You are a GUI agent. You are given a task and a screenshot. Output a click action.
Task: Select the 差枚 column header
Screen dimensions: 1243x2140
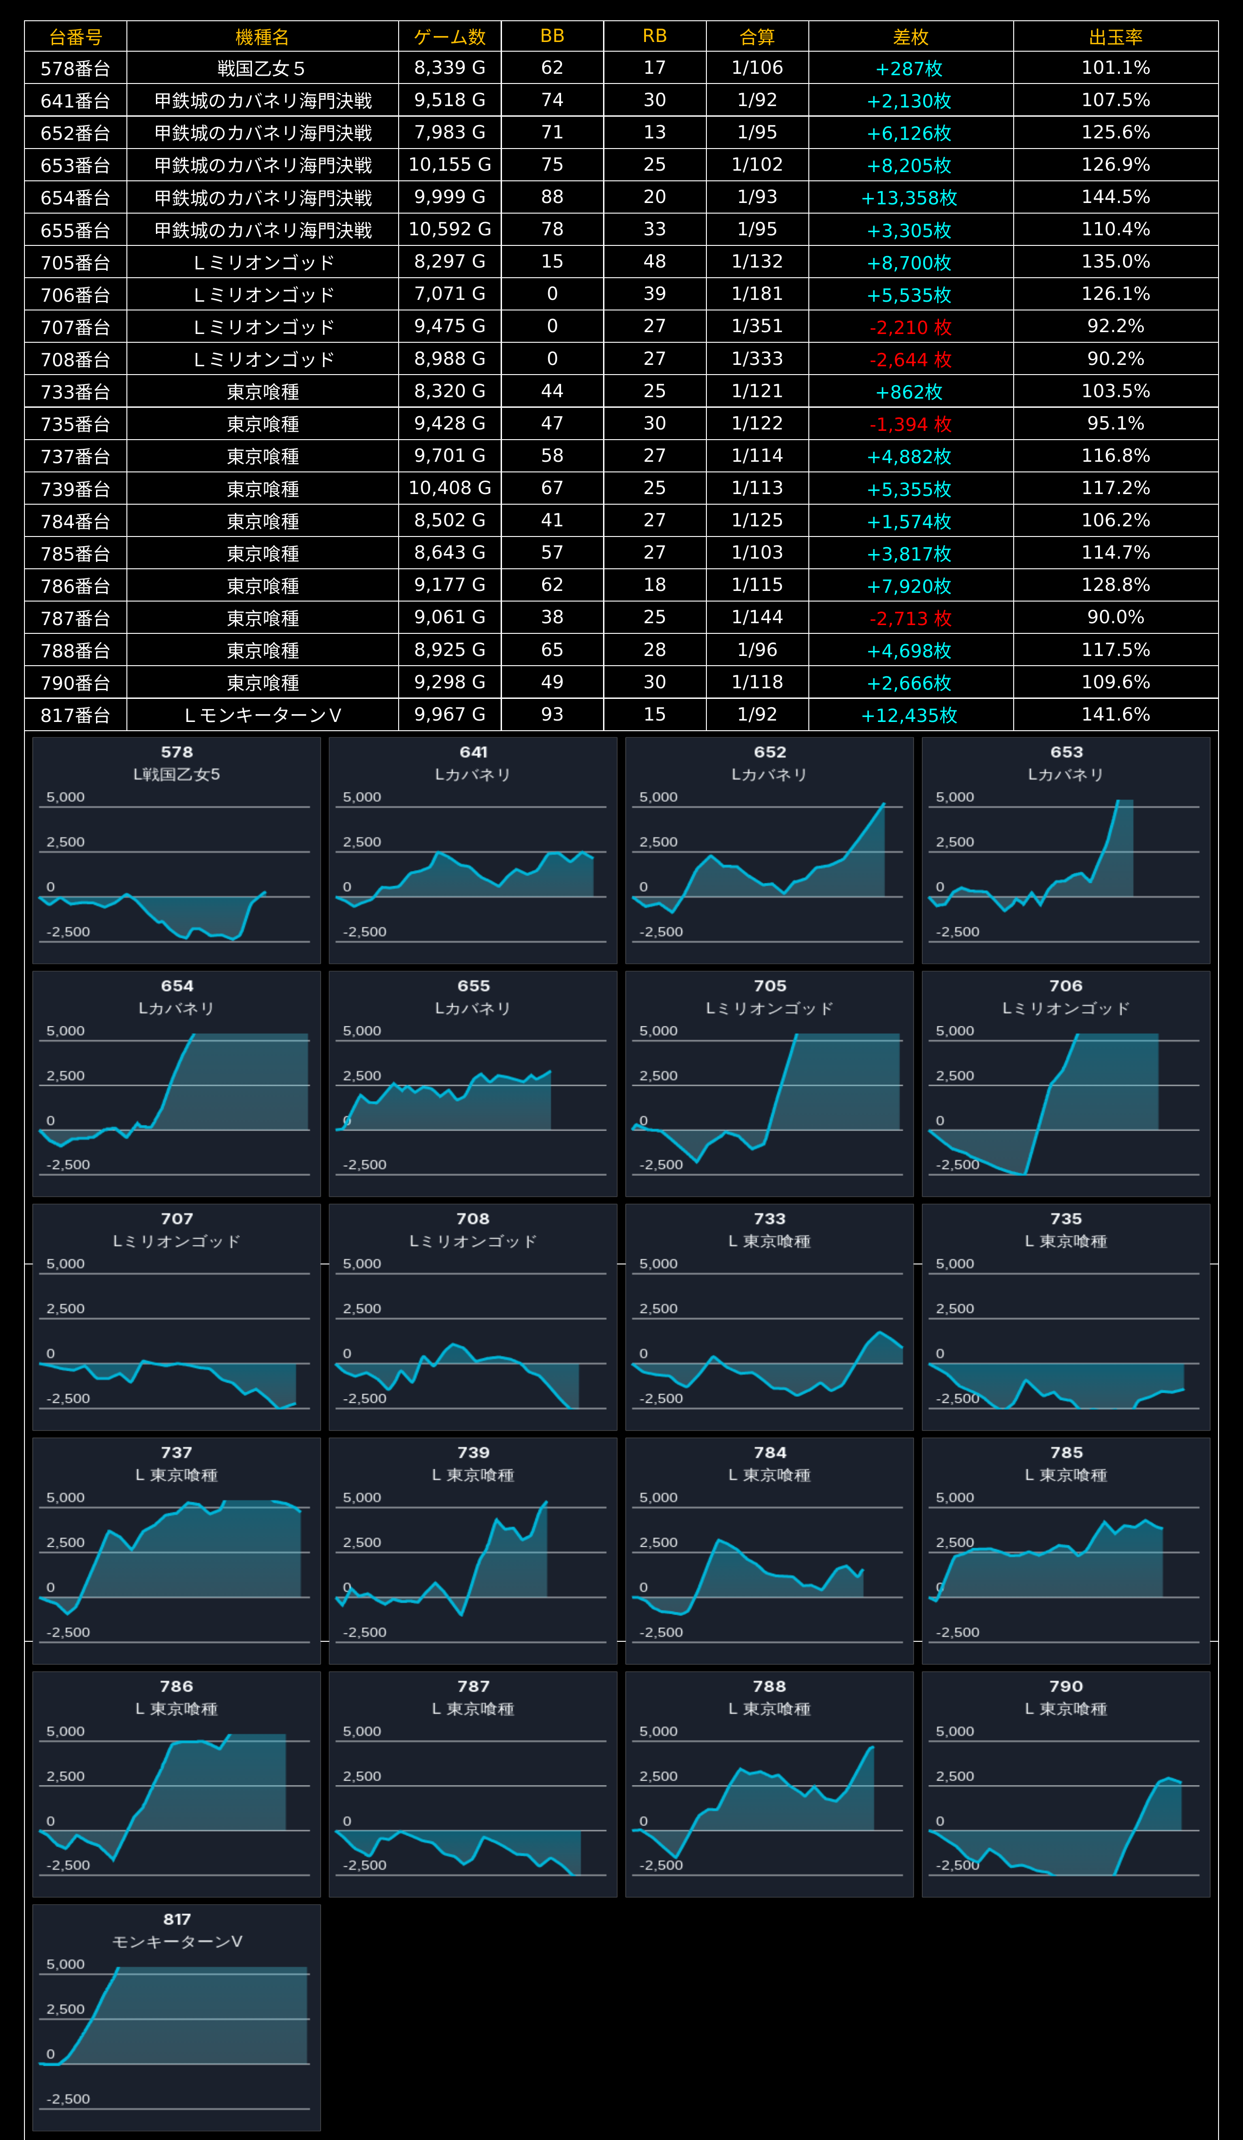click(x=910, y=36)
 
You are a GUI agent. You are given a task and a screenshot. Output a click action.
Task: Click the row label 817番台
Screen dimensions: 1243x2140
click(x=76, y=715)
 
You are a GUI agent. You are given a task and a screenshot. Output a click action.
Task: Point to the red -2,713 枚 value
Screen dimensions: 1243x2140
click(x=910, y=618)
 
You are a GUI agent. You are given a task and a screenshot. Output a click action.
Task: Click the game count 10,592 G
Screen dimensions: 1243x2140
click(x=449, y=229)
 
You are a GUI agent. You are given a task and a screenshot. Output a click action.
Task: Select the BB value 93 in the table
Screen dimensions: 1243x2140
click(x=552, y=714)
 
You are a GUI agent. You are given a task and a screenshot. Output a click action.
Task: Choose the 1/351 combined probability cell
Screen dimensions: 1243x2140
click(x=757, y=326)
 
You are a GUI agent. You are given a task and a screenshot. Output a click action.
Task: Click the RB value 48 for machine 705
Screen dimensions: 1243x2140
click(x=654, y=262)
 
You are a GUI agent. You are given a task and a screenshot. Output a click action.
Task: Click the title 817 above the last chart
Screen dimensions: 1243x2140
click(x=177, y=1919)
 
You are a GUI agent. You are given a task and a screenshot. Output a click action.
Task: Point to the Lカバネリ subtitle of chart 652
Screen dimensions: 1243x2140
click(x=770, y=775)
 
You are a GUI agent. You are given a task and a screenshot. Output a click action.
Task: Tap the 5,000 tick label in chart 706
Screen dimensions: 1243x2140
click(x=955, y=1031)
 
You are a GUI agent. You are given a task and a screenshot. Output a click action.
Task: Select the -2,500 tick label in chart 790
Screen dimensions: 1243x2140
click(x=957, y=1865)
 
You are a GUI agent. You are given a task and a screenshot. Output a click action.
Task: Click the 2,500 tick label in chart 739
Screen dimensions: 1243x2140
click(x=362, y=1542)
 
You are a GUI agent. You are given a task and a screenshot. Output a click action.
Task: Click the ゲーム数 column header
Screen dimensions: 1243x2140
click(x=449, y=36)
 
